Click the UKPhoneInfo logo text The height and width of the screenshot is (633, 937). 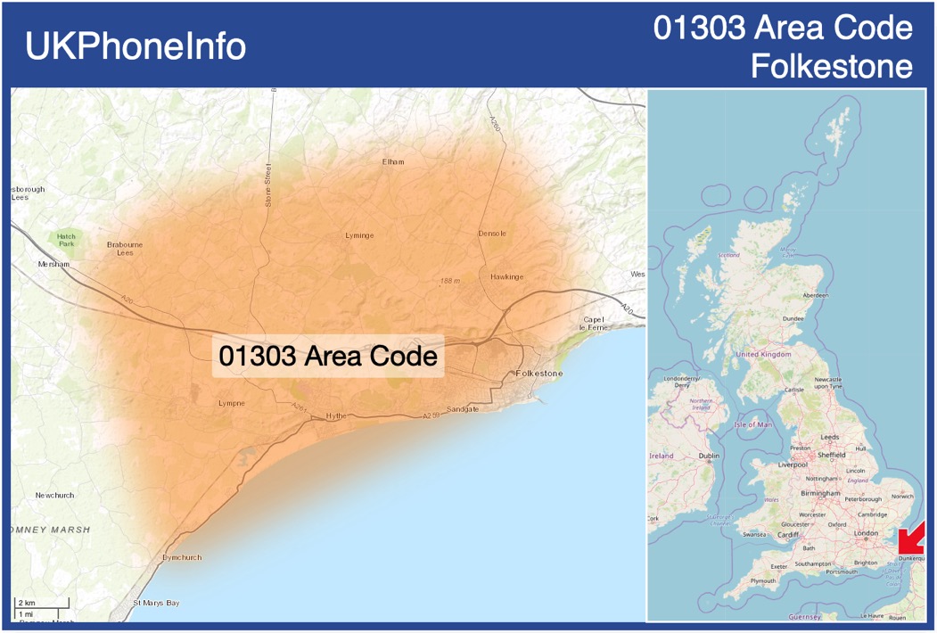(x=136, y=46)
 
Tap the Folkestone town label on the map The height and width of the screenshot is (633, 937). (x=539, y=374)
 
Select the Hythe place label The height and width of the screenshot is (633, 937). (x=335, y=415)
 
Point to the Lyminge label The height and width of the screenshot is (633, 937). (x=359, y=235)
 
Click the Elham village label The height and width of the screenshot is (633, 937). (x=392, y=161)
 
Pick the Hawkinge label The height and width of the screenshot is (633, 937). (x=506, y=277)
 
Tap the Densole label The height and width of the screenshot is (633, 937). (x=492, y=234)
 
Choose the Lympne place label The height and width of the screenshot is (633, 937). (x=231, y=403)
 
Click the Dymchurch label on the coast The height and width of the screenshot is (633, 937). (x=182, y=557)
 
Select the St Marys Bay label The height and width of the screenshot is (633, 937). (x=156, y=604)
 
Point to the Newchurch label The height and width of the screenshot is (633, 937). (x=54, y=495)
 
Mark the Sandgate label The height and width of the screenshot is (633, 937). (x=462, y=409)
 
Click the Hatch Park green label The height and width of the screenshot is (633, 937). (x=66, y=239)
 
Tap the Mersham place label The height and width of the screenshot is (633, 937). (x=53, y=265)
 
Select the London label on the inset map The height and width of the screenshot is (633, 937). (x=866, y=533)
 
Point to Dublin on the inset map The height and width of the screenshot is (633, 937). (x=709, y=456)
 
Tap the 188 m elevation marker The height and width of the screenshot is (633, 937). (x=448, y=282)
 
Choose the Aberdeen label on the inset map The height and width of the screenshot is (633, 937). (x=815, y=295)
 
